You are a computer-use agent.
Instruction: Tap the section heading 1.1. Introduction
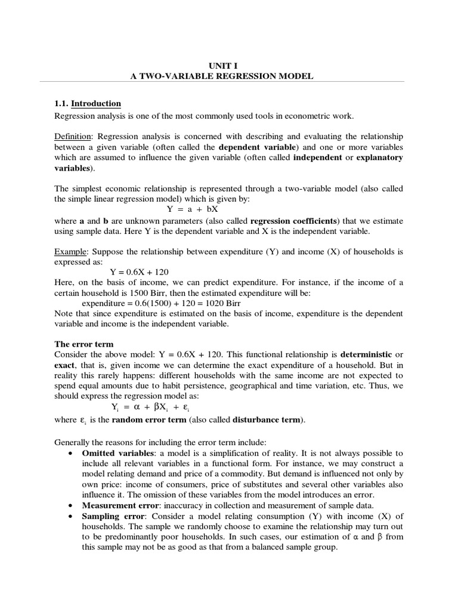click(x=88, y=103)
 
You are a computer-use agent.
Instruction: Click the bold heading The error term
click(x=84, y=344)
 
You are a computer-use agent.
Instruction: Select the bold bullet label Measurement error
click(x=117, y=506)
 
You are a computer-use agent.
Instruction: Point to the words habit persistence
click(x=196, y=387)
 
